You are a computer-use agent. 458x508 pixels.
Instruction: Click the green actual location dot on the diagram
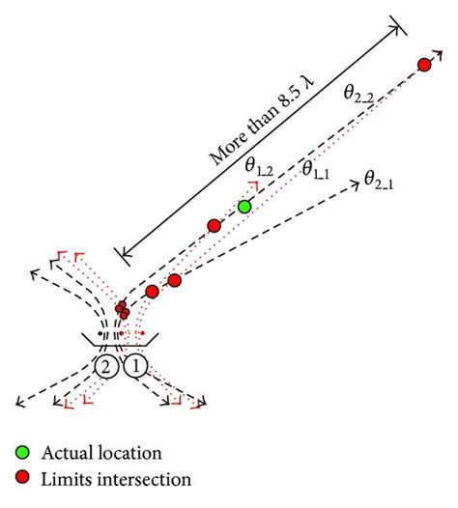click(x=245, y=206)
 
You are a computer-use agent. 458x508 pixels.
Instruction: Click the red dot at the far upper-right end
click(x=423, y=65)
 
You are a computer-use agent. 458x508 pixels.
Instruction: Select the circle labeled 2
click(x=106, y=367)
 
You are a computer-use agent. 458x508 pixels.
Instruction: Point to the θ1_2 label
click(x=258, y=169)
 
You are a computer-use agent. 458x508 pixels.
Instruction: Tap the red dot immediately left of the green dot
click(x=215, y=226)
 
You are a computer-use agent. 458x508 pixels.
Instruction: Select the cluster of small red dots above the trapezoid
click(x=122, y=310)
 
